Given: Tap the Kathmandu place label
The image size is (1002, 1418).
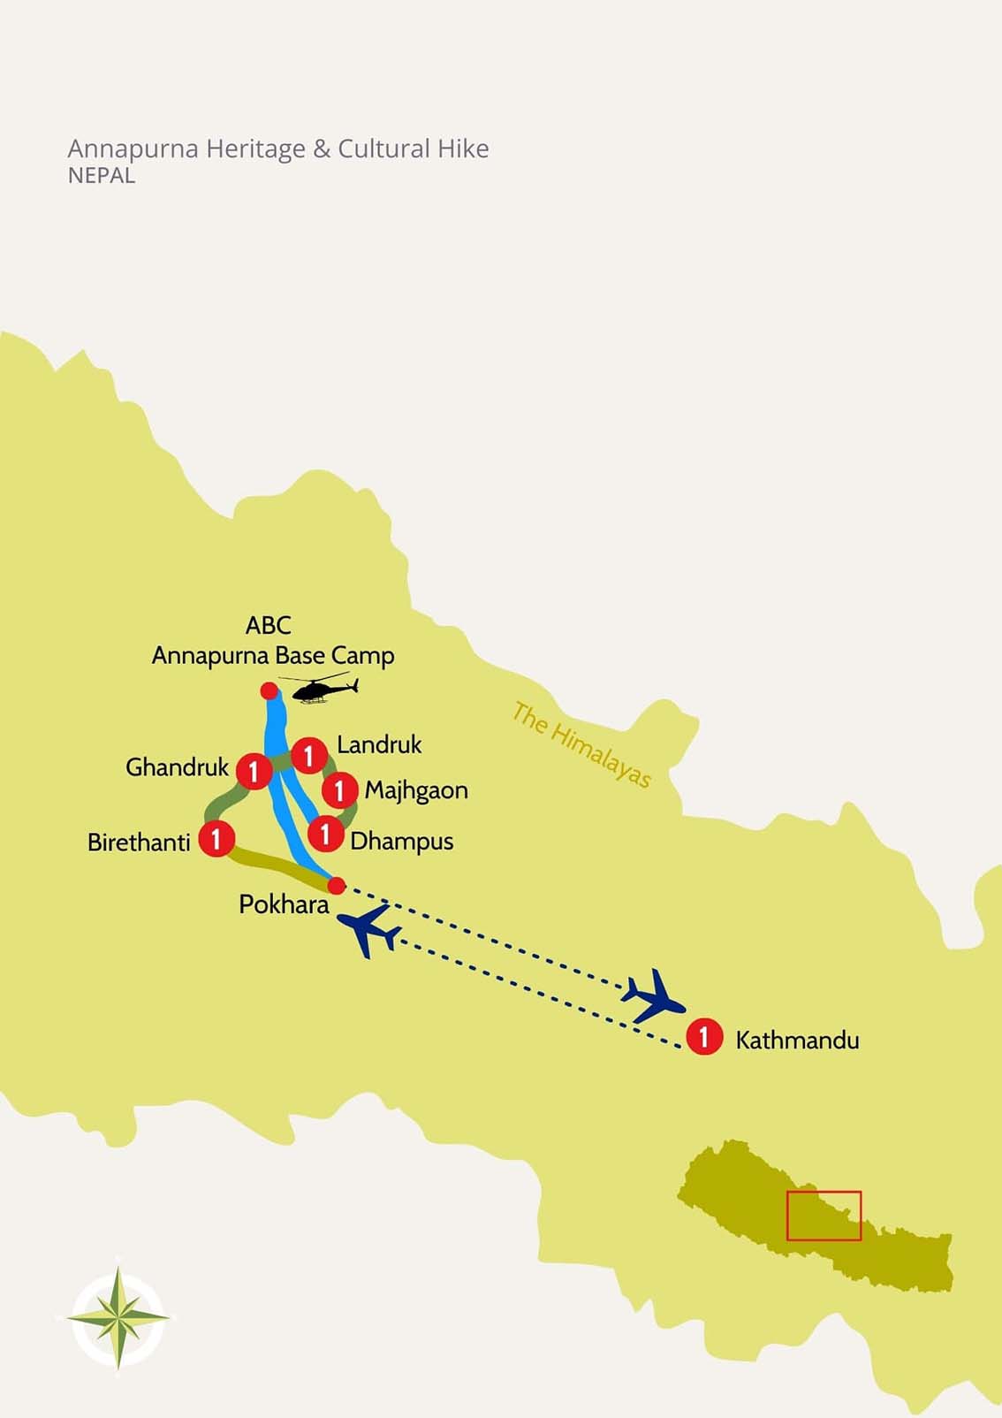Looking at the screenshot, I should [x=796, y=1040].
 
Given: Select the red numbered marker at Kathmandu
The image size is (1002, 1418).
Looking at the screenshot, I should [x=704, y=1036].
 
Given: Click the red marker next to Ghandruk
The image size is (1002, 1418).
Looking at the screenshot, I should [x=254, y=771].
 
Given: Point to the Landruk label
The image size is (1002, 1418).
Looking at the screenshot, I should [x=379, y=744].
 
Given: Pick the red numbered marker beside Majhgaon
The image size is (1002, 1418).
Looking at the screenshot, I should [x=339, y=790].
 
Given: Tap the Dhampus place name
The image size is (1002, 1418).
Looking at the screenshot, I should [x=401, y=841].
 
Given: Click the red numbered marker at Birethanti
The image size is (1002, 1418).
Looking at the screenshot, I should [x=216, y=838].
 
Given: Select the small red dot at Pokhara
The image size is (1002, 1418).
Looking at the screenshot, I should [x=336, y=885].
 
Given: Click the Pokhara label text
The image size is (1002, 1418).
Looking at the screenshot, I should [x=284, y=904].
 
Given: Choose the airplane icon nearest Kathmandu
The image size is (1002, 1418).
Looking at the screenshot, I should [x=654, y=996].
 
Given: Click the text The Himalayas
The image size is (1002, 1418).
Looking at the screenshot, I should [x=581, y=743].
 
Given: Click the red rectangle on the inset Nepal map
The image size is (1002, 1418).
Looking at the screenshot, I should [x=824, y=1216].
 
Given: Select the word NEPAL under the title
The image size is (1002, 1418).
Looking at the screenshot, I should [x=102, y=176].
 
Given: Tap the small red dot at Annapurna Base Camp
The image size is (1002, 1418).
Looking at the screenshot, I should [x=269, y=690].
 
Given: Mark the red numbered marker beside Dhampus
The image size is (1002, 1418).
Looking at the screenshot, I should [x=325, y=833].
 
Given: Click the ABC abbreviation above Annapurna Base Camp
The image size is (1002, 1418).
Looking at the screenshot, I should [x=268, y=625].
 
